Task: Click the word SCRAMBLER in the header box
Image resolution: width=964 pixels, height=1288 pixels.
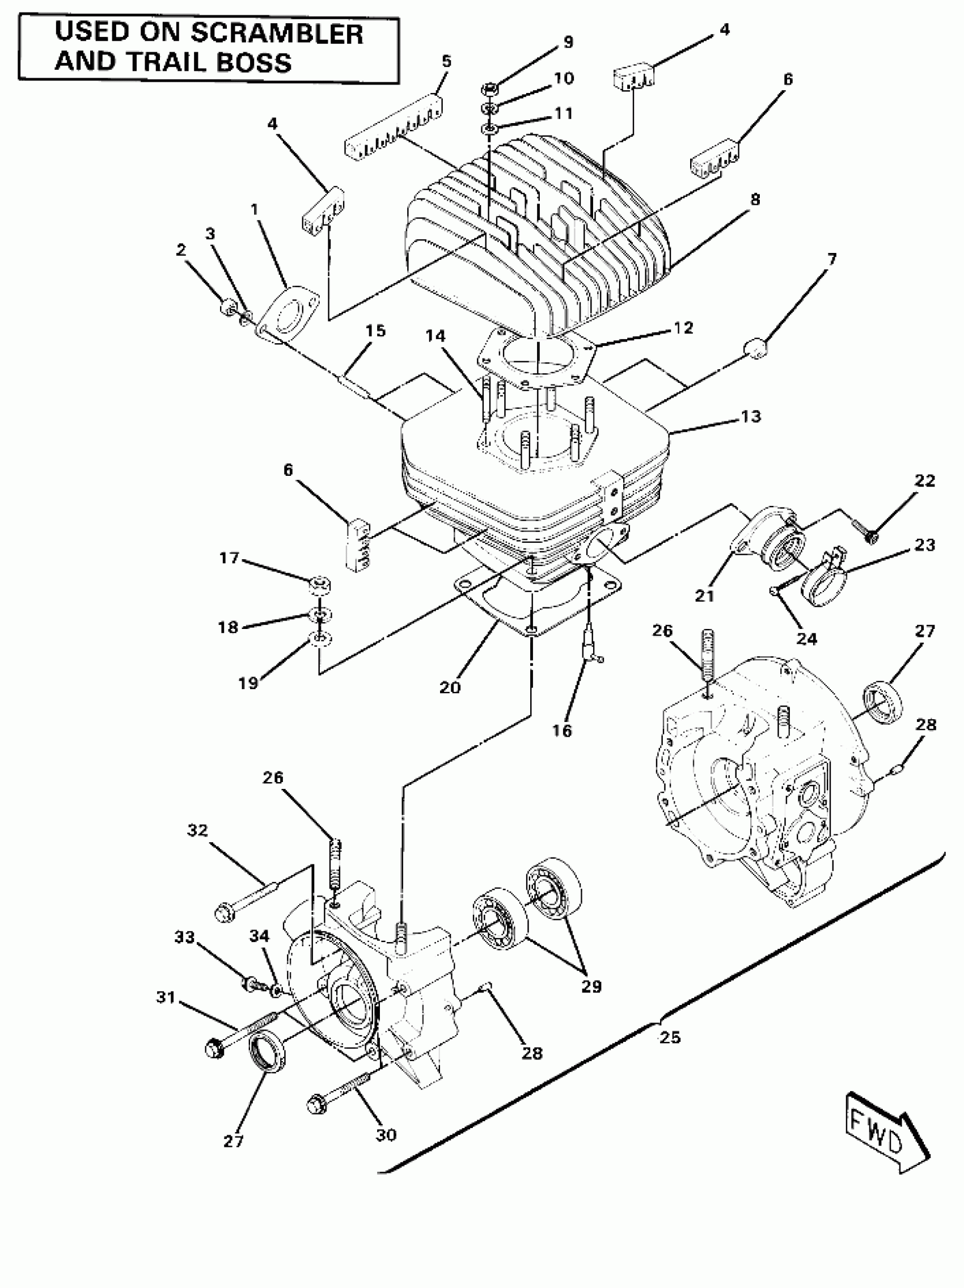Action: [x=277, y=34]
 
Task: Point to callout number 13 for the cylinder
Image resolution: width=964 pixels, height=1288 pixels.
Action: [x=751, y=417]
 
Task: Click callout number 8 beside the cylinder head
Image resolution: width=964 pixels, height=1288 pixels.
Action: [x=754, y=200]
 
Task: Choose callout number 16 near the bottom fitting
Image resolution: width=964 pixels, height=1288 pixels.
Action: [x=562, y=730]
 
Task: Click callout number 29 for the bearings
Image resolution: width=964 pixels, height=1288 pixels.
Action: [x=591, y=986]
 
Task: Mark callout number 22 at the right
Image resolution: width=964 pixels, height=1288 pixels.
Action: [x=924, y=481]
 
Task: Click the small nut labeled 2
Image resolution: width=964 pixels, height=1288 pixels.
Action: [x=228, y=306]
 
